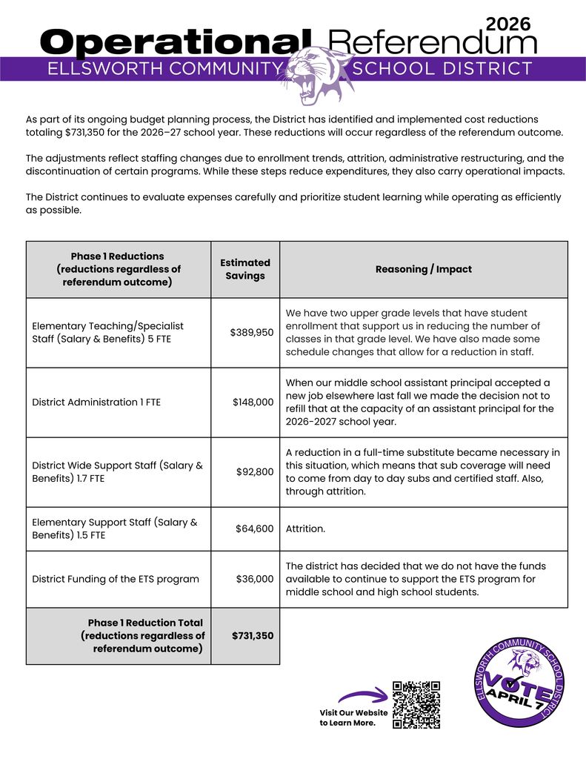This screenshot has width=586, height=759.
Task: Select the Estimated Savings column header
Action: (x=245, y=269)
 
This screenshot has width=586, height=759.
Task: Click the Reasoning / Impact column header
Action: (x=423, y=269)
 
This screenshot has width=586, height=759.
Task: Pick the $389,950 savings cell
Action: (x=252, y=333)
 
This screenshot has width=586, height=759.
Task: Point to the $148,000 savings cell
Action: (x=253, y=402)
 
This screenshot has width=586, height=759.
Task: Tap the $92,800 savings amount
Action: (x=255, y=471)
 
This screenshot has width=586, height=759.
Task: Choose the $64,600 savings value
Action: (x=255, y=528)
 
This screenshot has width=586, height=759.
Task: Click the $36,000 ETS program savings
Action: (x=255, y=579)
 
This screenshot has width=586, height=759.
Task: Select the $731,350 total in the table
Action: (x=253, y=636)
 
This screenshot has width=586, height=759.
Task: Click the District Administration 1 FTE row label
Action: (x=96, y=402)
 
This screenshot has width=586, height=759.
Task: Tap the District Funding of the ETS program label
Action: (x=116, y=579)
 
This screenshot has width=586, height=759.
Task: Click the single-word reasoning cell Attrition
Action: (x=305, y=529)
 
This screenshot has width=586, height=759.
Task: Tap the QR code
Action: (x=416, y=705)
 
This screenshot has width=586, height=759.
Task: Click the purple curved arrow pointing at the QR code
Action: (x=362, y=696)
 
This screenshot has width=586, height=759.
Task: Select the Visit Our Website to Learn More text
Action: (x=353, y=717)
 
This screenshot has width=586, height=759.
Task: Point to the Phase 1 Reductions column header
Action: (x=119, y=269)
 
